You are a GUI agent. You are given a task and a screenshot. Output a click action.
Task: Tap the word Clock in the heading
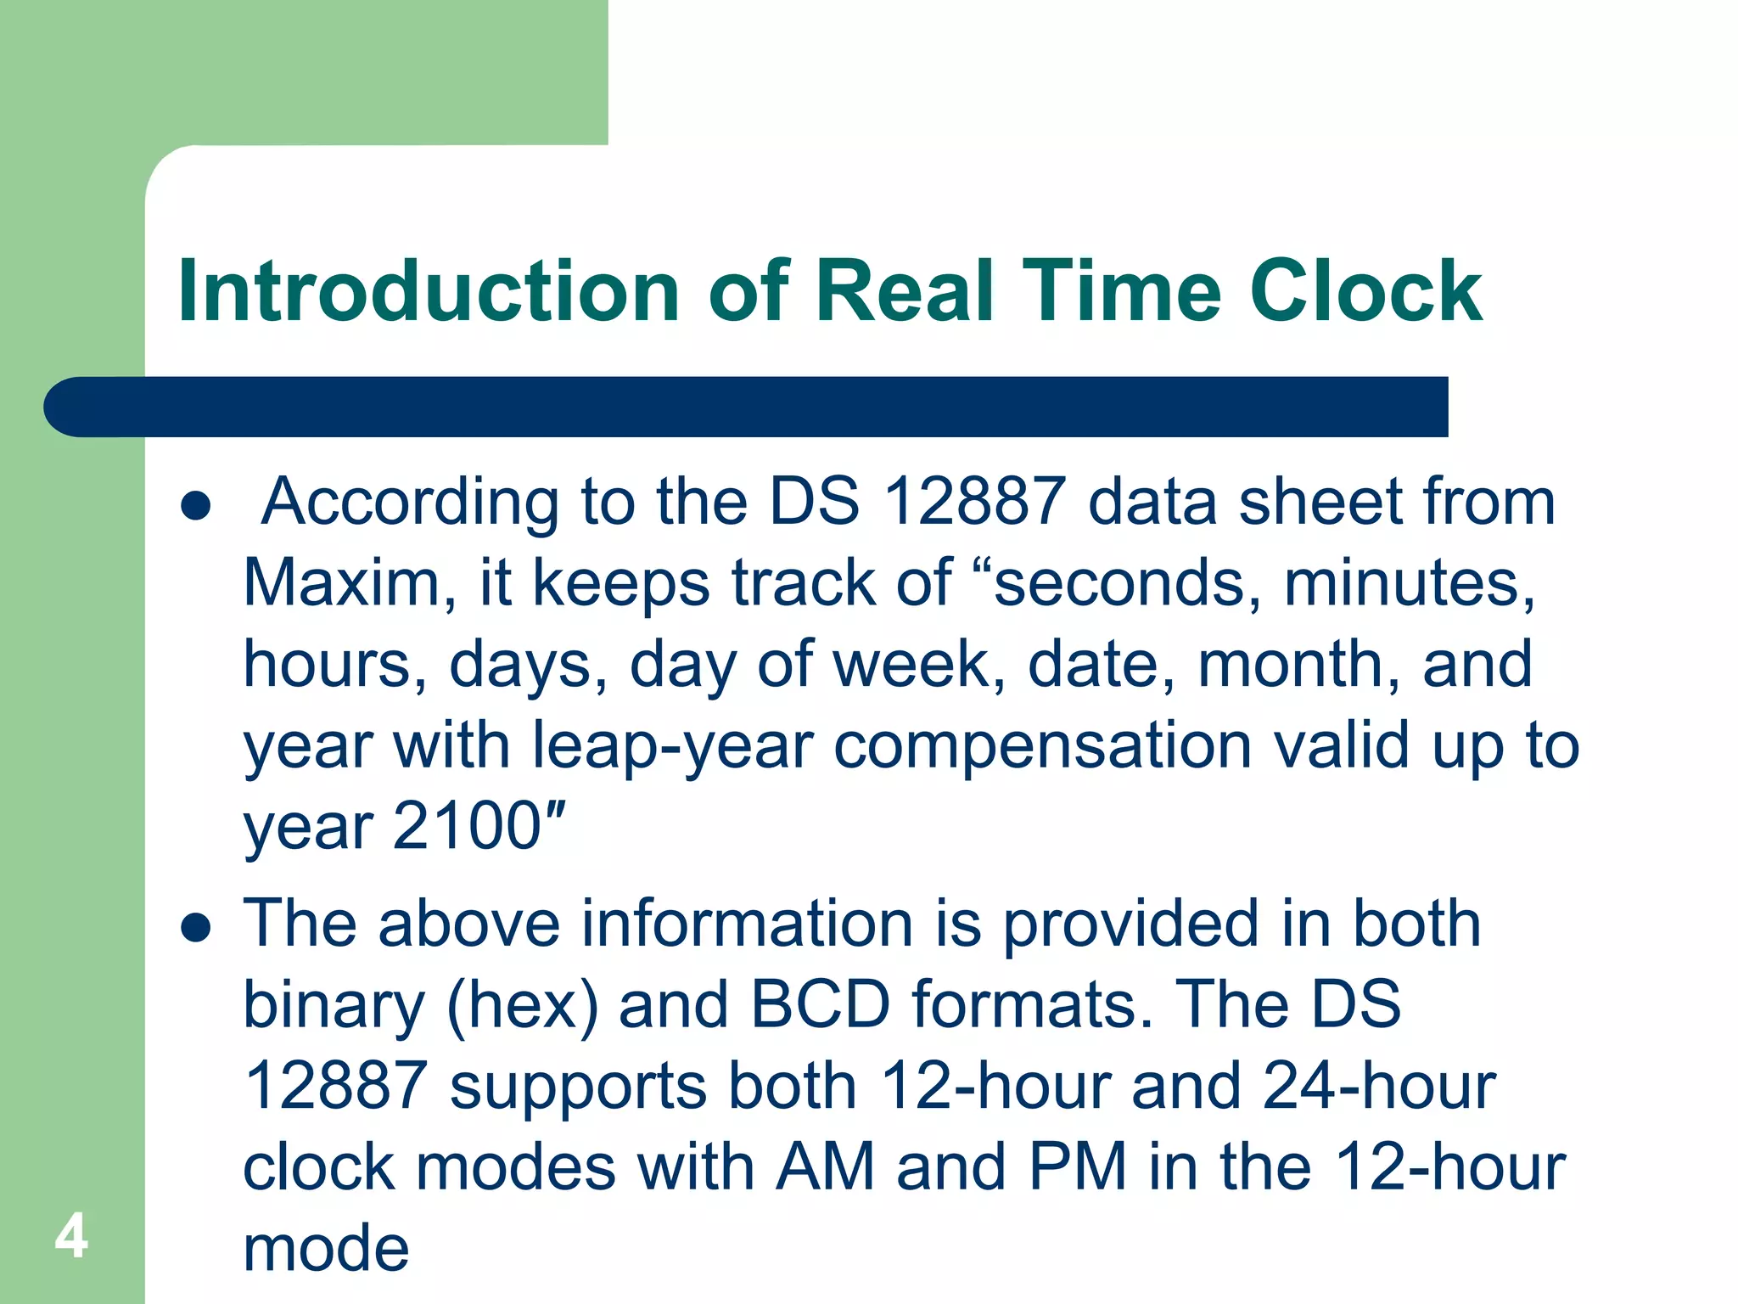tap(1365, 291)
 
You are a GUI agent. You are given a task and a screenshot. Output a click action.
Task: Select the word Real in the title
tap(904, 291)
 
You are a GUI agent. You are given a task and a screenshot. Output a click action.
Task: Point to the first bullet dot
tap(196, 506)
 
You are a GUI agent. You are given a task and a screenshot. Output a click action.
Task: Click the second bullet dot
tap(196, 928)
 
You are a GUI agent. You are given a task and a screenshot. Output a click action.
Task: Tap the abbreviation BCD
tap(820, 1005)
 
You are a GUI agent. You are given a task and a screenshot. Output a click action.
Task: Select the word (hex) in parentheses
tap(523, 1005)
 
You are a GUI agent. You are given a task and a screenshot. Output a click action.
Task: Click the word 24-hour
tap(1379, 1087)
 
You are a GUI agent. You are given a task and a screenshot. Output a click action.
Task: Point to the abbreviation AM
tap(824, 1167)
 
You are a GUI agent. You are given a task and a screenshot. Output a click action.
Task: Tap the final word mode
tap(326, 1249)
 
